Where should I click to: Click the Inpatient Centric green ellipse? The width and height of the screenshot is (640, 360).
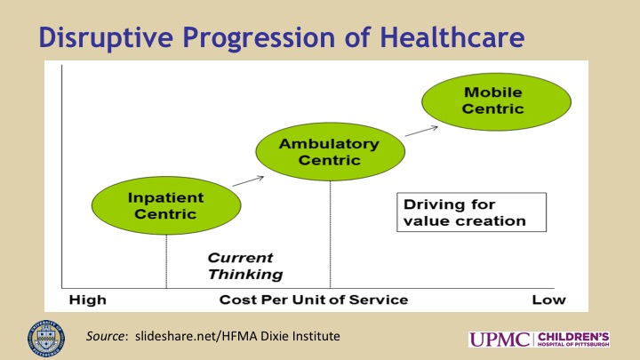coord(166,205)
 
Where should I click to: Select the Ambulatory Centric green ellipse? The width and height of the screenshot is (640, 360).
coord(330,151)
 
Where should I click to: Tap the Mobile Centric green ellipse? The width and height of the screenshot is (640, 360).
coord(496,101)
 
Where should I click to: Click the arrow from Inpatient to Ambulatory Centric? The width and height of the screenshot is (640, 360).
coord(248,181)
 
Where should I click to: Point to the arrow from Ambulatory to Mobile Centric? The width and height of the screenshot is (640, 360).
coord(421,131)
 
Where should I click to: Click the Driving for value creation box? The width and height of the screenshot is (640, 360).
coord(471,212)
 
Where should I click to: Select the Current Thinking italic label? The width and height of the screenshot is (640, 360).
coord(245,266)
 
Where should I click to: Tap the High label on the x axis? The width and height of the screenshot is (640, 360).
coord(88,300)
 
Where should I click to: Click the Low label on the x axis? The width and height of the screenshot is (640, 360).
coord(548,300)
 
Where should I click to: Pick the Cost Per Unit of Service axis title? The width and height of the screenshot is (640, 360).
coord(314,300)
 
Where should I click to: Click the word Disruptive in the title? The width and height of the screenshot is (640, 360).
coord(106,37)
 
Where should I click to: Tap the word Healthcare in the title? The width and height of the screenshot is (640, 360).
coord(452,37)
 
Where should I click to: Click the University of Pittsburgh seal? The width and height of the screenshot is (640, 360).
coord(45,340)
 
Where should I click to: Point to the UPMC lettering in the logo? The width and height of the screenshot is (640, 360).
coord(500,340)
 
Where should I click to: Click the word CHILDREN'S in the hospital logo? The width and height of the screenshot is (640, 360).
coord(573,337)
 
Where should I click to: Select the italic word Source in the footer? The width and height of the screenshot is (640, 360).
coord(105,336)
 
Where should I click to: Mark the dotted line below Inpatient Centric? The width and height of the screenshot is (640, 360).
coord(166,261)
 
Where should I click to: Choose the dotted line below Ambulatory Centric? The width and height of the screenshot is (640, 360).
coord(330,235)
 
